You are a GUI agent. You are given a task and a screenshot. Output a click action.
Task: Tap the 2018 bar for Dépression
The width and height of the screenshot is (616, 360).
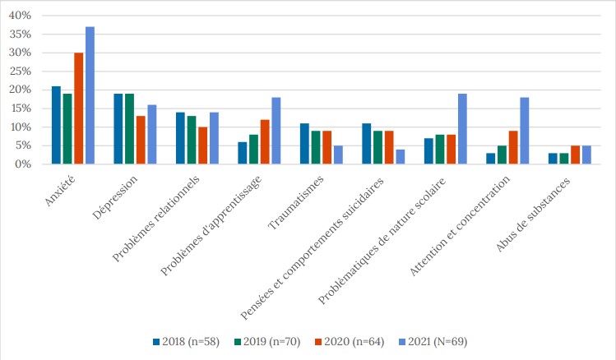[118, 129]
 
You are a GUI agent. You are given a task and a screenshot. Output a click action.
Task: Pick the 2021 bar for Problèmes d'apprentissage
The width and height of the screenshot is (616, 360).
[276, 131]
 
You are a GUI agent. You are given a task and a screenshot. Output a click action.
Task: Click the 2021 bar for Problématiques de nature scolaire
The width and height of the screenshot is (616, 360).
[462, 129]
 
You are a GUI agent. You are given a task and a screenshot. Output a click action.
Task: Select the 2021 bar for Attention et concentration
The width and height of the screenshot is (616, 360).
[524, 131]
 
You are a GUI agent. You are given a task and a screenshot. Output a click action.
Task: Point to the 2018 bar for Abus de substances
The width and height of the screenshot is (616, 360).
[553, 159]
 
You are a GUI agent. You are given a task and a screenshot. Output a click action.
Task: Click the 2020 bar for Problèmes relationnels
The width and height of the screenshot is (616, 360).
[202, 145]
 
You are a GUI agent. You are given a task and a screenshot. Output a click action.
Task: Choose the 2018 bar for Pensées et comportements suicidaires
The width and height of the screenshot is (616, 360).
[366, 144]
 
